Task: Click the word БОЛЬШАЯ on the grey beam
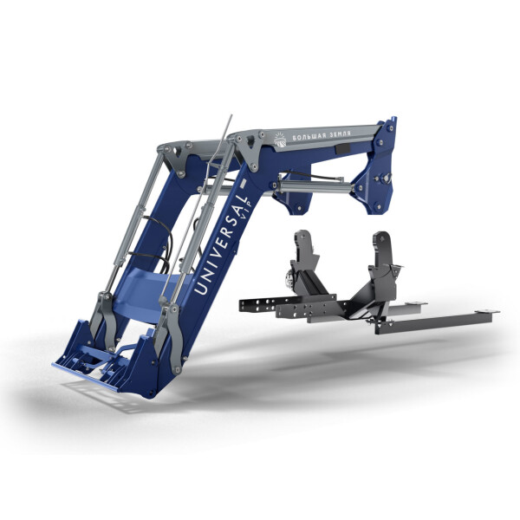308,136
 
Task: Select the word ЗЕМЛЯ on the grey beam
339,133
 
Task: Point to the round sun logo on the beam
280,139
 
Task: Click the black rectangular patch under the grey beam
342,148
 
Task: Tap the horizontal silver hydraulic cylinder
315,187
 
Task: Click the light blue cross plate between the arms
151,292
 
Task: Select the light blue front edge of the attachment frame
85,376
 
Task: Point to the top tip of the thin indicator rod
231,115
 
